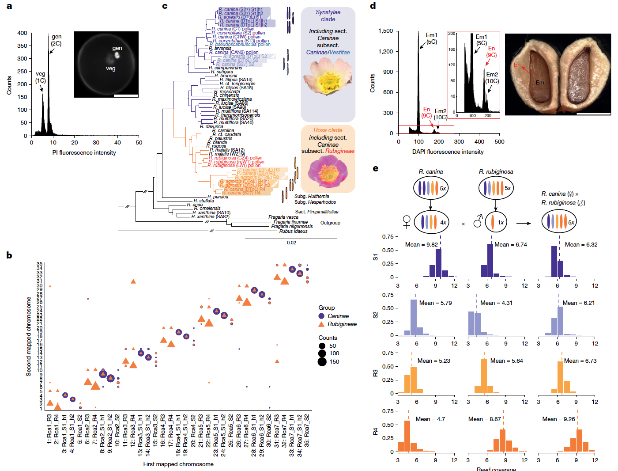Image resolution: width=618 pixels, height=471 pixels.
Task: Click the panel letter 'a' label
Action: pyautogui.click(x=9, y=6)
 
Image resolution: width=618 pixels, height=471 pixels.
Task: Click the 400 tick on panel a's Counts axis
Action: pyautogui.click(x=22, y=33)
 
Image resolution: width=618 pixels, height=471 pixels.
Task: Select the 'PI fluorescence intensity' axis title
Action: pyautogui.click(x=84, y=153)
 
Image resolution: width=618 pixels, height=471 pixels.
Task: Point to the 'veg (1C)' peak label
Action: pyautogui.click(x=41, y=77)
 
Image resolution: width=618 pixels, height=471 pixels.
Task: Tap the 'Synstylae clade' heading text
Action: pyautogui.click(x=328, y=16)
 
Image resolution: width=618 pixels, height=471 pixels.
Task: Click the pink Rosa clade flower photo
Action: pyautogui.click(x=328, y=171)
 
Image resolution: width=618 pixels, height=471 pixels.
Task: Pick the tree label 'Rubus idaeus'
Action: pyautogui.click(x=293, y=231)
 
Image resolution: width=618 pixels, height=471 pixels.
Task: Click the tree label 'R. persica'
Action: pyautogui.click(x=218, y=197)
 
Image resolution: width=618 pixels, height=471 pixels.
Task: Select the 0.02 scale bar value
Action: pyautogui.click(x=291, y=243)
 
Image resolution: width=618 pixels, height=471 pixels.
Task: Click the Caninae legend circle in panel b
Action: pyautogui.click(x=321, y=316)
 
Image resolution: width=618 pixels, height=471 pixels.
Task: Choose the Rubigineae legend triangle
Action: pyautogui.click(x=321, y=324)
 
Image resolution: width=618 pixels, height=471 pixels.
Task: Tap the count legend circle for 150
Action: pyautogui.click(x=322, y=361)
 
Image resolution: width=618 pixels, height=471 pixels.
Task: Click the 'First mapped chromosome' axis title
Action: pyautogui.click(x=178, y=464)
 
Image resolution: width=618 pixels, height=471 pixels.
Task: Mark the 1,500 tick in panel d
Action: pyautogui.click(x=385, y=31)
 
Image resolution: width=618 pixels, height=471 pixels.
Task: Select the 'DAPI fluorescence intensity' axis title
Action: pyautogui.click(x=448, y=152)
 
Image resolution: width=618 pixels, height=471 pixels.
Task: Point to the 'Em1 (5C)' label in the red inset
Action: pyautogui.click(x=481, y=40)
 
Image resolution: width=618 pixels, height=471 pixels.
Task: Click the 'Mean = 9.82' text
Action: pyautogui.click(x=421, y=245)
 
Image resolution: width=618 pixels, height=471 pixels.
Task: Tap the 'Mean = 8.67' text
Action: pyautogui.click(x=484, y=419)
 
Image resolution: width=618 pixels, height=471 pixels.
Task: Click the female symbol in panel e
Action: pyautogui.click(x=407, y=222)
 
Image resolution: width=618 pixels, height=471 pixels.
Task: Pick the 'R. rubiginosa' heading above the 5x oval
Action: pyautogui.click(x=496, y=172)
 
